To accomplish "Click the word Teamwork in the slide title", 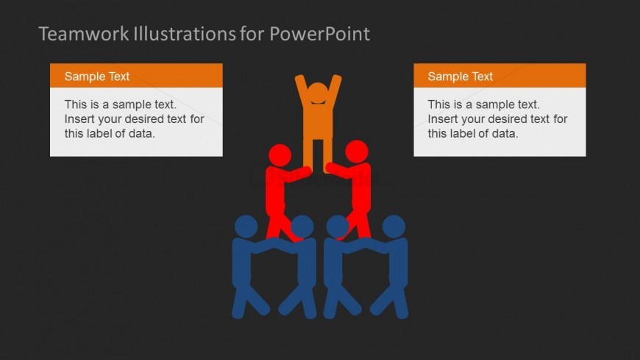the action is click(x=84, y=34).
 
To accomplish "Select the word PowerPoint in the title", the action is click(x=319, y=34).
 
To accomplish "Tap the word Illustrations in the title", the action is click(x=185, y=34).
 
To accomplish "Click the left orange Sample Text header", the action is click(x=136, y=76).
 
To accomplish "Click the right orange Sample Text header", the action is click(x=499, y=76).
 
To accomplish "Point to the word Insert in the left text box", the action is click(x=79, y=119).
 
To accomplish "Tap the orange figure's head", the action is click(x=318, y=93).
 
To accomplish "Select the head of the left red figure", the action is click(x=280, y=155).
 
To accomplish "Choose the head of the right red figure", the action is click(x=357, y=152).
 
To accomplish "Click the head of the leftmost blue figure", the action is click(x=246, y=226).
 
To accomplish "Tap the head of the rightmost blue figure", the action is click(x=394, y=226).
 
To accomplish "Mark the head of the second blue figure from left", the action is click(x=302, y=226).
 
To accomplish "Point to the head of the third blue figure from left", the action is click(x=338, y=226).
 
